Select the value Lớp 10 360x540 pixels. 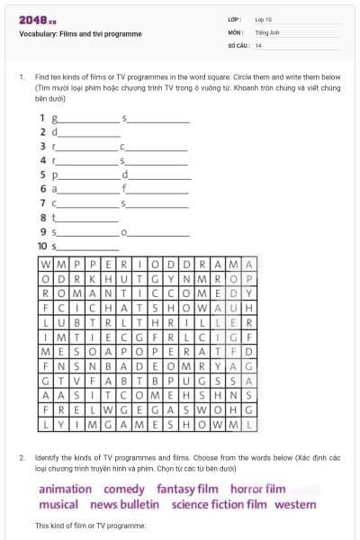(264, 19)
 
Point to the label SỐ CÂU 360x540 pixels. (238, 44)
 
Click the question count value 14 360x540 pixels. (258, 44)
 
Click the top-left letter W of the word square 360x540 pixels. (47, 265)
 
